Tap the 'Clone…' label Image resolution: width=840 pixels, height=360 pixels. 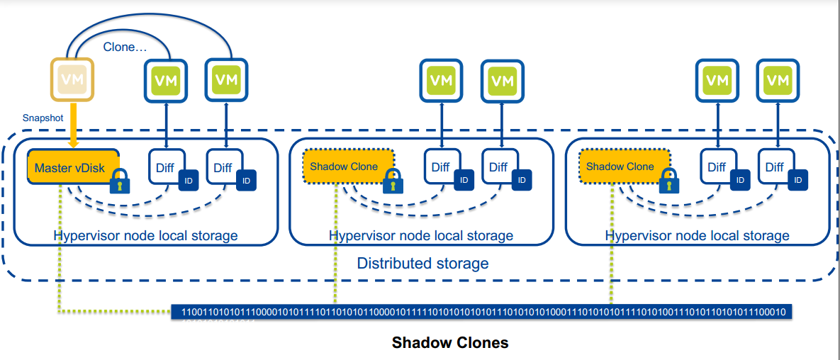tap(125, 47)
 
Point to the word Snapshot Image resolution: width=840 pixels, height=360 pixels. tap(43, 118)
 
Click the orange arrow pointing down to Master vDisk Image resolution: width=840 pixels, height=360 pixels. tap(73, 124)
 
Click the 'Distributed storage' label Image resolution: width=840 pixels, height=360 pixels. tap(422, 264)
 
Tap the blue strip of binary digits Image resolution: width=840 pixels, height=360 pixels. tap(483, 313)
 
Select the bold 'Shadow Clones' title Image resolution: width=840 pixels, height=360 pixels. tap(449, 343)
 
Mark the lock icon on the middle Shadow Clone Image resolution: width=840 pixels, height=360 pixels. tap(391, 182)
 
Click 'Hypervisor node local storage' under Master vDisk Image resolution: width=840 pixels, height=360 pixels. tap(145, 235)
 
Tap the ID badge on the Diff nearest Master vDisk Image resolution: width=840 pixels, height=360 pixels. tap(187, 181)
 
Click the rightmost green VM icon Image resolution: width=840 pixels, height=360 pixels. tap(778, 79)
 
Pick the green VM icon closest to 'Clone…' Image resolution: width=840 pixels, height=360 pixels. tap(167, 79)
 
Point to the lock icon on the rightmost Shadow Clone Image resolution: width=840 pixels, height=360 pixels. tap(666, 182)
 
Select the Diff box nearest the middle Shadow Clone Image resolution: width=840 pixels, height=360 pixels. tap(441, 167)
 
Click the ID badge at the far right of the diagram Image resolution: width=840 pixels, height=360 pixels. tap(797, 181)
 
